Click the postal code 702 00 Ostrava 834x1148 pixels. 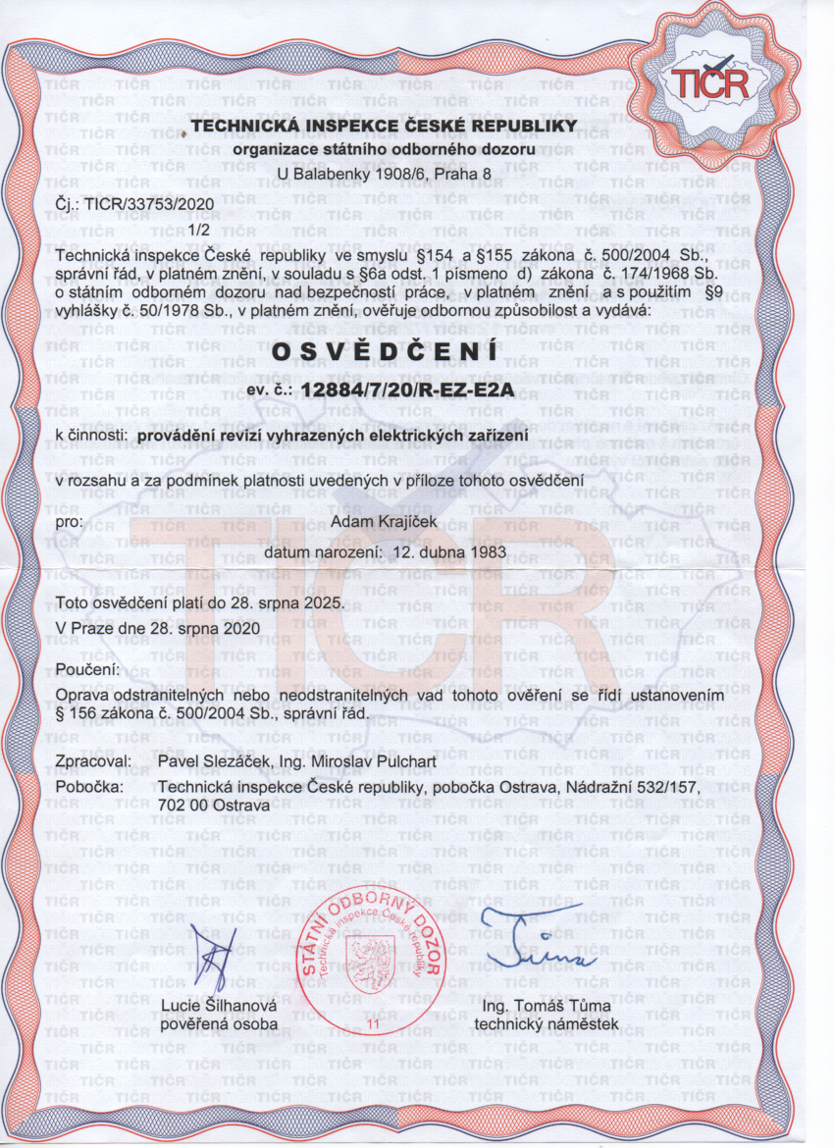213,805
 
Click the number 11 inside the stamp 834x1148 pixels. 373,1023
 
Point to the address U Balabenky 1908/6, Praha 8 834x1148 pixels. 385,173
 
